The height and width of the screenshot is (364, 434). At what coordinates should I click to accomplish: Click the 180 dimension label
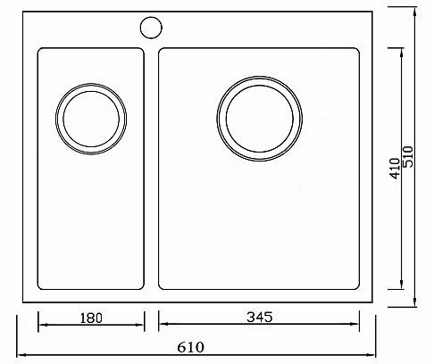(91, 317)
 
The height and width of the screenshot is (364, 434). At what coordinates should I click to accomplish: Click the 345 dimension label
(259, 317)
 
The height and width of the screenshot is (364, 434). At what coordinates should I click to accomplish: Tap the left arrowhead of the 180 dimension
(41, 325)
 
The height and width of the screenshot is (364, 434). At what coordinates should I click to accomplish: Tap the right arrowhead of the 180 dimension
(140, 325)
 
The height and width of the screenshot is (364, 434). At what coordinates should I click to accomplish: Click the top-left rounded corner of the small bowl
(40, 51)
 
